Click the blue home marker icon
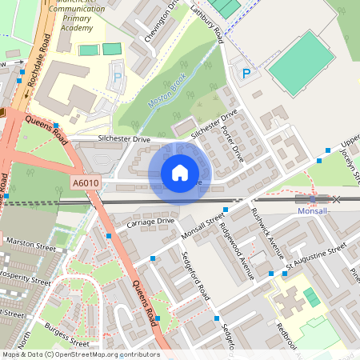click(180, 173)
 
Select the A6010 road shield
click(86, 183)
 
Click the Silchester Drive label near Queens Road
click(124, 139)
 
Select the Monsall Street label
click(203, 229)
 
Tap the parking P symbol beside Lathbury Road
click(246, 74)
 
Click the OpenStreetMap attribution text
click(80, 354)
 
